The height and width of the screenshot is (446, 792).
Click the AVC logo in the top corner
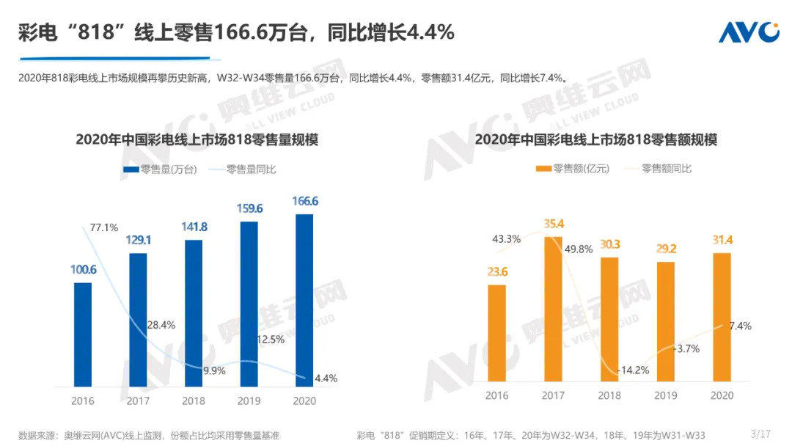click(748, 32)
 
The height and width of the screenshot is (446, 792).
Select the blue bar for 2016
click(84, 334)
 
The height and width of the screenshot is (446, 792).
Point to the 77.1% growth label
click(103, 227)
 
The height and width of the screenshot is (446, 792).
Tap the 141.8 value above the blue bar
click(194, 227)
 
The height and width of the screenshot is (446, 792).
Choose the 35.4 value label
click(555, 224)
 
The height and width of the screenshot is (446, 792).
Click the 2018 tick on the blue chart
click(194, 401)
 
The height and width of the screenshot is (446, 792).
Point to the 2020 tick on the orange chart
click(722, 395)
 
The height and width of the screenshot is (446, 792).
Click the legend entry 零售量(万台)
click(160, 169)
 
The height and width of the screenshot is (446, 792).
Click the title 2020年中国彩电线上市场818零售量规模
click(197, 140)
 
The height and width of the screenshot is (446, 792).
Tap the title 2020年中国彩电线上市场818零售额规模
click(595, 140)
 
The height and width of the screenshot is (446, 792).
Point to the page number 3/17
click(760, 434)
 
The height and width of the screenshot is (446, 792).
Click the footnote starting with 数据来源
click(148, 435)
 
